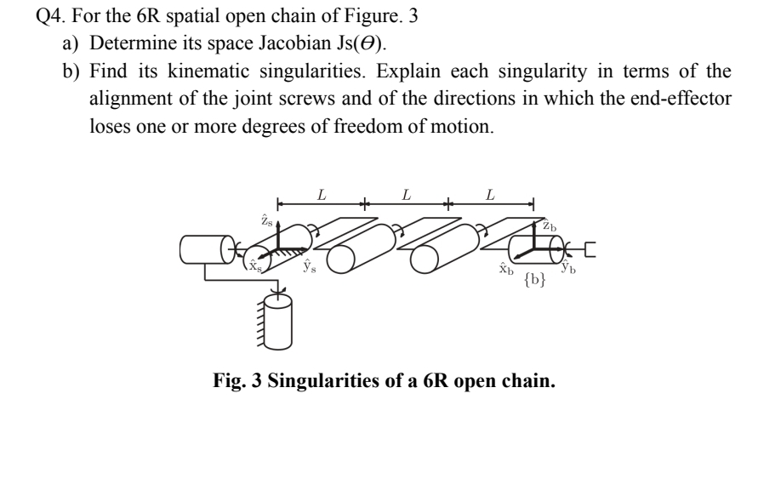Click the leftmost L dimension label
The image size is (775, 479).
(x=321, y=195)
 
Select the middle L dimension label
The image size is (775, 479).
(x=406, y=195)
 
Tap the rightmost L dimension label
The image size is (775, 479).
(x=489, y=195)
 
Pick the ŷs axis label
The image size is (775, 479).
(x=310, y=266)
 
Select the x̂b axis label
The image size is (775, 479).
(x=505, y=270)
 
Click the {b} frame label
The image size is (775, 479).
(x=535, y=279)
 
